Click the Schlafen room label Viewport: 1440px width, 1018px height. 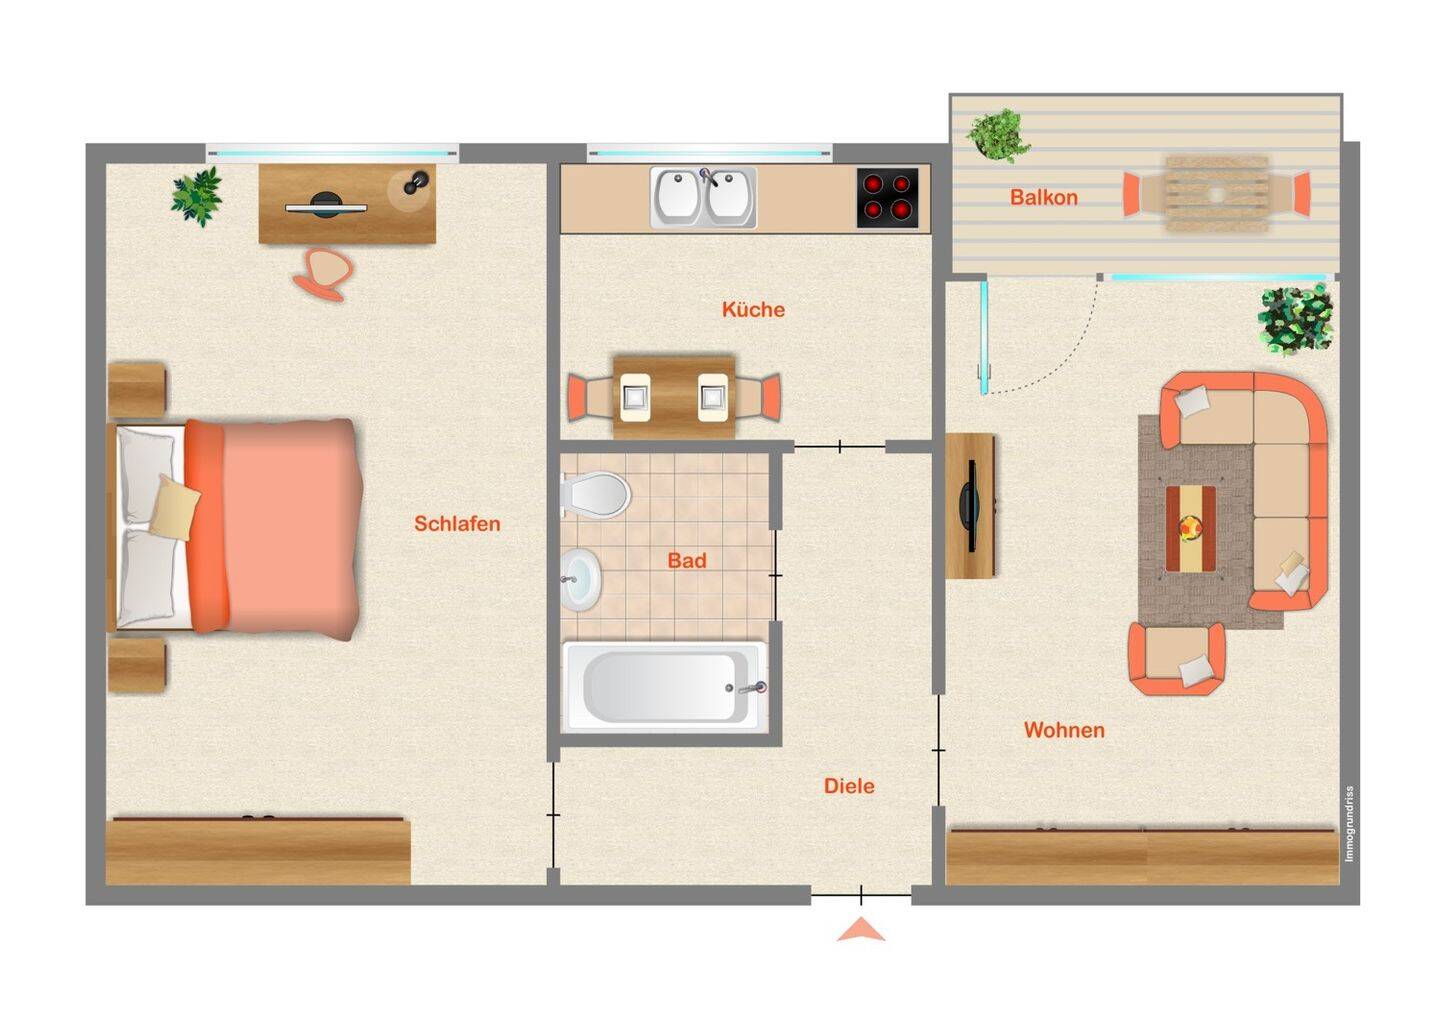coord(457,524)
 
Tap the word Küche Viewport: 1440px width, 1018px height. coord(753,309)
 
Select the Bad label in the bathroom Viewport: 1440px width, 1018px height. coord(687,560)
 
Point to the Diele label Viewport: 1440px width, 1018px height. coord(849,786)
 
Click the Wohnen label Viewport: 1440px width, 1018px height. coord(1065,730)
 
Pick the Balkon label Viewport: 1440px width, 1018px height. coord(1044,197)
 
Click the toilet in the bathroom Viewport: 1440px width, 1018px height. coord(595,495)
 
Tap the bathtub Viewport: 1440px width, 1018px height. coord(665,687)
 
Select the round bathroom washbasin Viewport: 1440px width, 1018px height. coord(580,580)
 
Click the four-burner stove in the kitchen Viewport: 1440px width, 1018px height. coord(888,198)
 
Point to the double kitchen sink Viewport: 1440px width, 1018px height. coord(703,198)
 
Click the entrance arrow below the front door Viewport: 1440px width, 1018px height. coord(861,930)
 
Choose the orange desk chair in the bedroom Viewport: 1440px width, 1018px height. coord(324,274)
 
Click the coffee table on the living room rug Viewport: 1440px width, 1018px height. coord(1191,528)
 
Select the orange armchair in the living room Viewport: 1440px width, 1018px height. coord(1176,659)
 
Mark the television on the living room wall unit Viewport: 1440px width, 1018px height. coord(968,506)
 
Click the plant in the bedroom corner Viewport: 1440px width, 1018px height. coord(197,196)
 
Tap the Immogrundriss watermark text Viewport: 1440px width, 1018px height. coord(1349,825)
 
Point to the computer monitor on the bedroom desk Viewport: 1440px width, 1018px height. coord(327,206)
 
